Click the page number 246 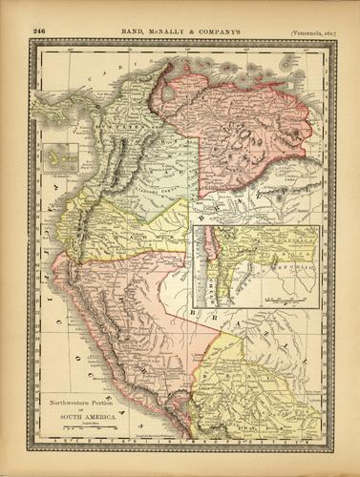coord(39,31)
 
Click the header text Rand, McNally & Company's coord(181,31)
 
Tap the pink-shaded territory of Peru coord(134,315)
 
